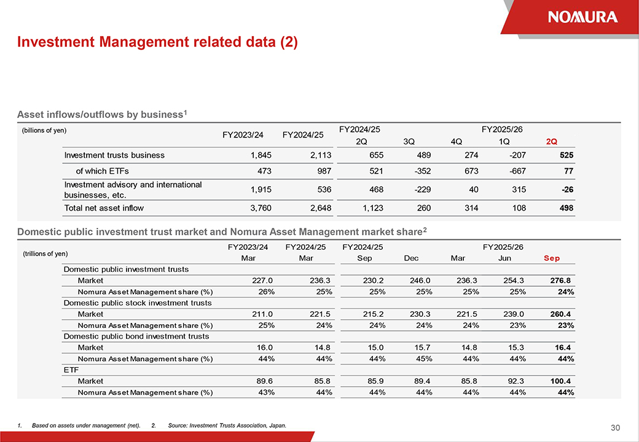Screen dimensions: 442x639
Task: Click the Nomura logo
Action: (x=582, y=17)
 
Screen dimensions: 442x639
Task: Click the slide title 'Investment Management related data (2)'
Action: (x=157, y=42)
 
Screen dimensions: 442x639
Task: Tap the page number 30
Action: (x=616, y=427)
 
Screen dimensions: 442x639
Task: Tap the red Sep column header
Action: (x=552, y=258)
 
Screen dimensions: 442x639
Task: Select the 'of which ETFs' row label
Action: (x=102, y=171)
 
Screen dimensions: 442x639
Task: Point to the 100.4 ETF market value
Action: (x=560, y=381)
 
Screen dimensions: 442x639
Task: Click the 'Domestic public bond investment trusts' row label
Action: (x=136, y=336)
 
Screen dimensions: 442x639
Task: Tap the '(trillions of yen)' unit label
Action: (x=45, y=253)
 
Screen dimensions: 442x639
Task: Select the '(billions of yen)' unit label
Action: (x=44, y=130)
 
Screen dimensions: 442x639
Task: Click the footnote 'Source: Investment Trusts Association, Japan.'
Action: (x=227, y=425)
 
